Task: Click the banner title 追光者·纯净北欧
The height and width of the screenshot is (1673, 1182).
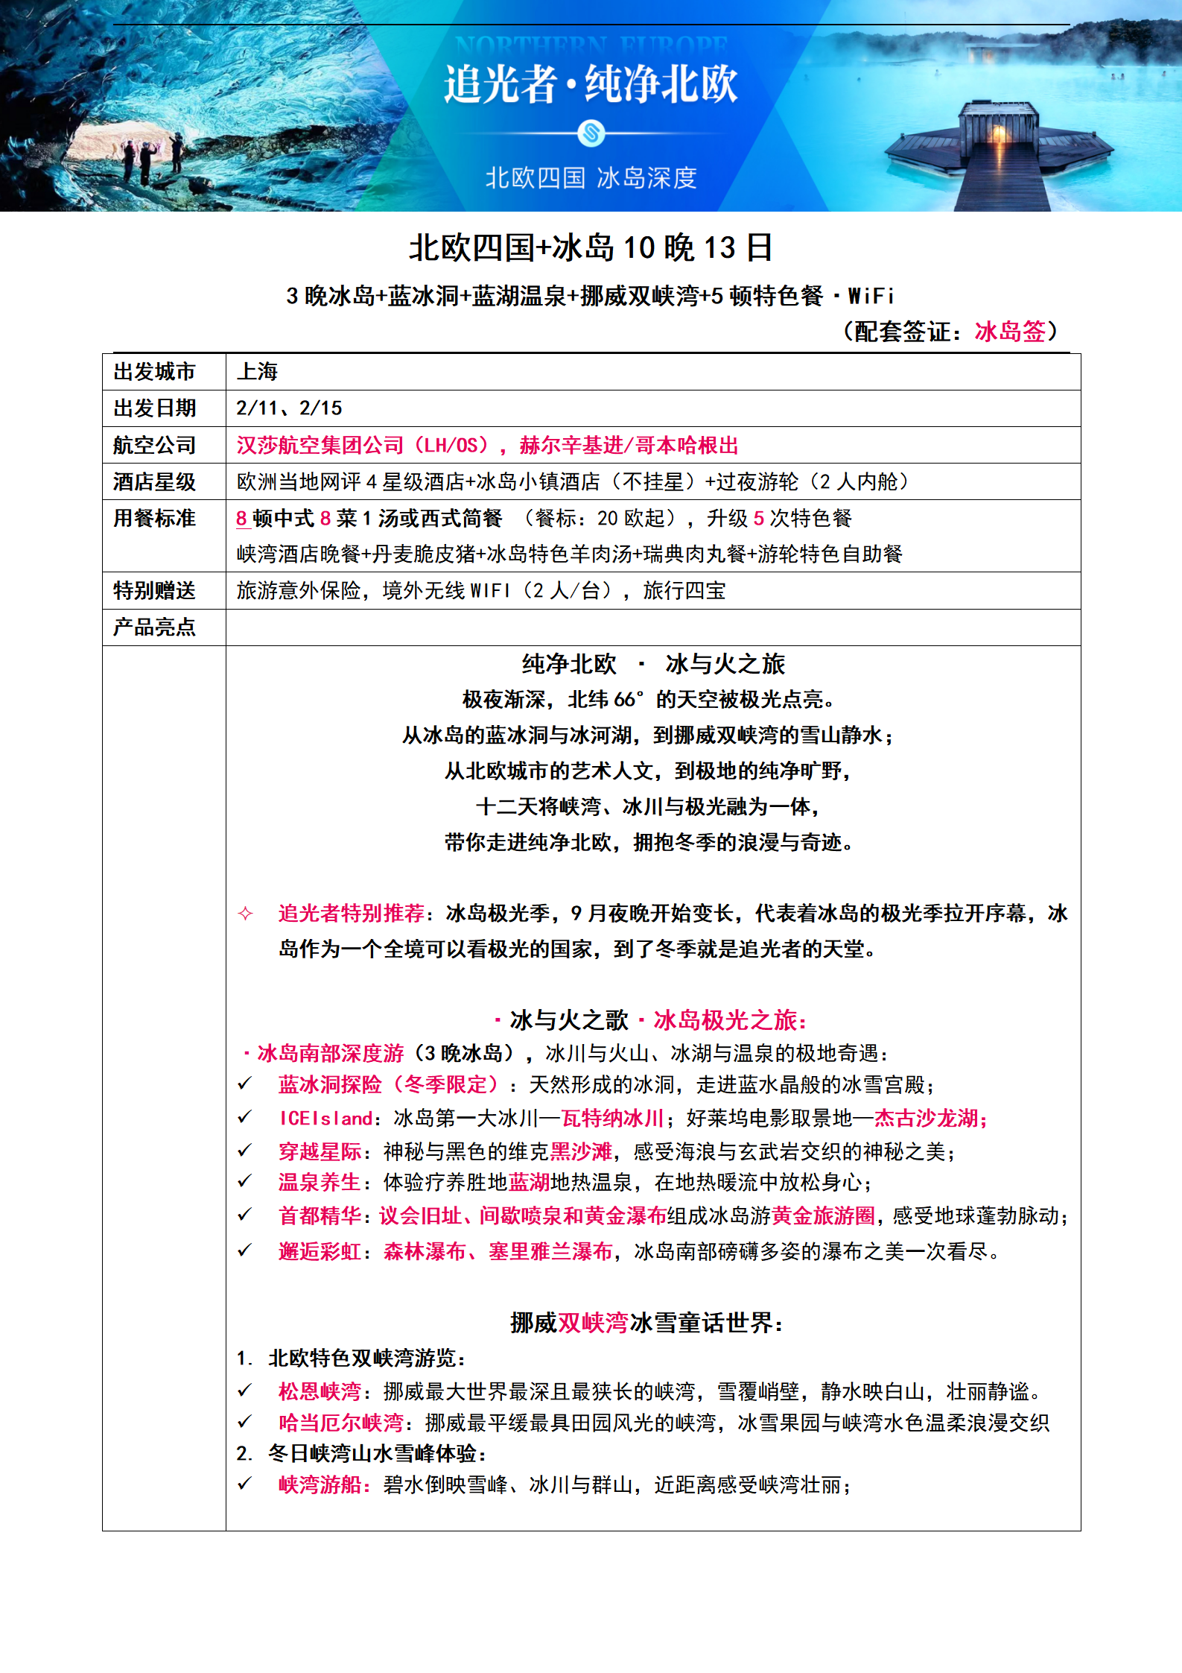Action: pyautogui.click(x=591, y=83)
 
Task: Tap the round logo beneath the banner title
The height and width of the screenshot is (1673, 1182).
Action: pyautogui.click(x=591, y=134)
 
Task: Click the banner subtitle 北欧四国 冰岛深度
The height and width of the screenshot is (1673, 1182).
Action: pyautogui.click(x=591, y=178)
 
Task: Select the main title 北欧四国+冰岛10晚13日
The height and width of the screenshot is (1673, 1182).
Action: pyautogui.click(x=591, y=247)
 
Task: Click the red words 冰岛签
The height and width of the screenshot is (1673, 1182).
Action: pyautogui.click(x=1009, y=331)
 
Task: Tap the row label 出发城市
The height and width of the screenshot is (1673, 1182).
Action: pyautogui.click(x=154, y=372)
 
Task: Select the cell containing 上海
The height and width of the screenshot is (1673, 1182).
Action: pyautogui.click(x=257, y=372)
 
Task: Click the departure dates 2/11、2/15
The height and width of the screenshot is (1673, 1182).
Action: pyautogui.click(x=289, y=408)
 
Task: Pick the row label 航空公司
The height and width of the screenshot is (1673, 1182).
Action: pyautogui.click(x=154, y=445)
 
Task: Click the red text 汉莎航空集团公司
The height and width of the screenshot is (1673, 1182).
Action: pyautogui.click(x=320, y=445)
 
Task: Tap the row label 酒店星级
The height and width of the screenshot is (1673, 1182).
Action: pyautogui.click(x=154, y=481)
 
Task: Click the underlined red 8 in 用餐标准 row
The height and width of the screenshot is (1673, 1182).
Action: pyautogui.click(x=241, y=518)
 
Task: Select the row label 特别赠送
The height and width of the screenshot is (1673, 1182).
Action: pyautogui.click(x=154, y=590)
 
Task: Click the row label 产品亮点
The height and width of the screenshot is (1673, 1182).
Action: pyautogui.click(x=154, y=627)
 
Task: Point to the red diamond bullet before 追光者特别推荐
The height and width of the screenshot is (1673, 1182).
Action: pyautogui.click(x=245, y=913)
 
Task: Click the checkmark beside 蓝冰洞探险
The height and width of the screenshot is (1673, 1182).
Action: pyautogui.click(x=244, y=1084)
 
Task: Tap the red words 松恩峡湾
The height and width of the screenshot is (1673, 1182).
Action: pyautogui.click(x=320, y=1391)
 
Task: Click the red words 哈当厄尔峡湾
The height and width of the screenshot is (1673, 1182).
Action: pyautogui.click(x=340, y=1423)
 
